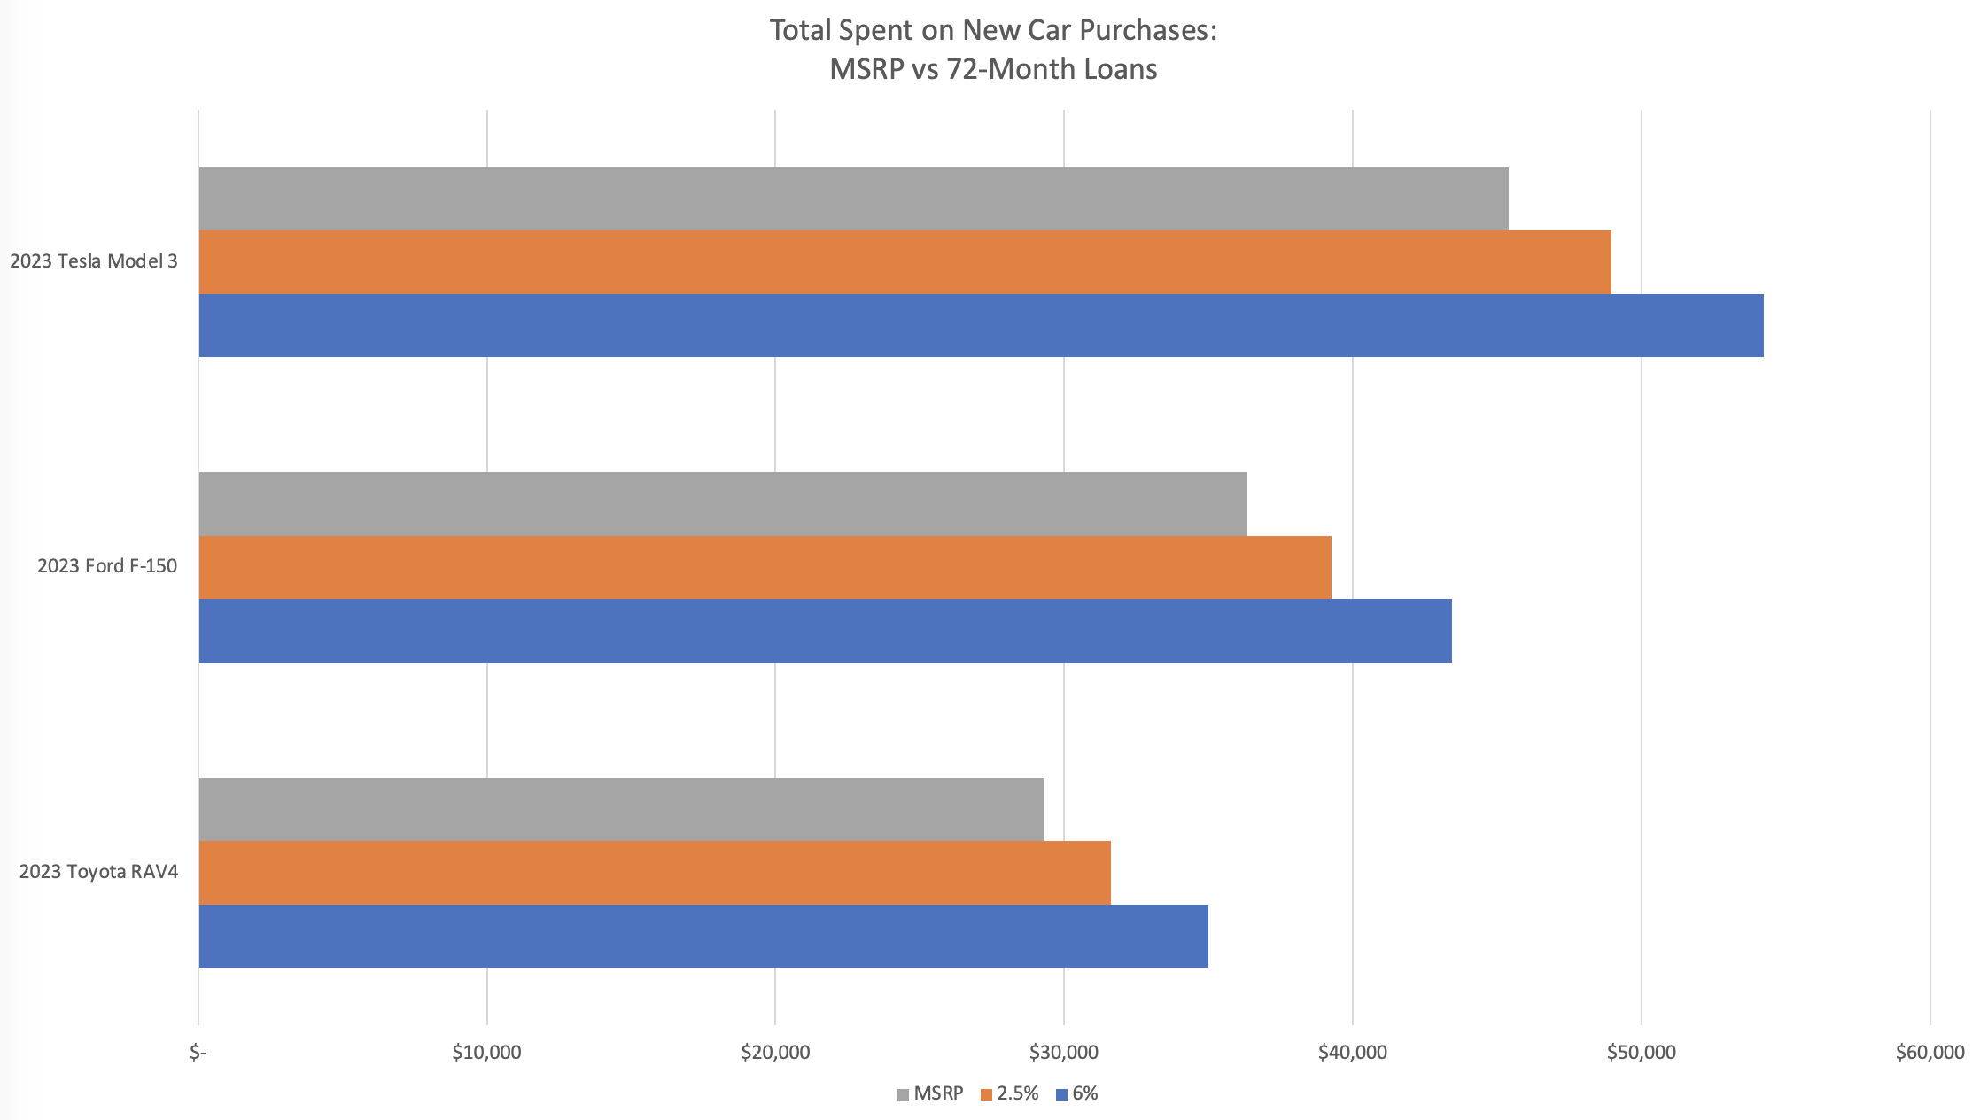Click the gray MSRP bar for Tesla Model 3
[853, 198]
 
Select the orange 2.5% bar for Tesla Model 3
[905, 262]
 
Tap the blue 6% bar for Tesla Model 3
[981, 325]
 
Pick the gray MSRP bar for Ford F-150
[723, 504]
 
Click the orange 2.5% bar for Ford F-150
[765, 567]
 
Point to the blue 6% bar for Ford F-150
[825, 631]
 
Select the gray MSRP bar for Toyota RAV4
[621, 809]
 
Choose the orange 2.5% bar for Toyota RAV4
[655, 873]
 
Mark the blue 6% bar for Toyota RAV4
[703, 936]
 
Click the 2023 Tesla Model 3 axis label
[94, 261]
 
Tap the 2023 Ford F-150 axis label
[107, 566]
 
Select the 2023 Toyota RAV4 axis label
[98, 872]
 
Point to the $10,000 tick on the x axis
[486, 1054]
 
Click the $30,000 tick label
[1064, 1054]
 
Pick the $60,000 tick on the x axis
[1930, 1054]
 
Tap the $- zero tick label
[198, 1054]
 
